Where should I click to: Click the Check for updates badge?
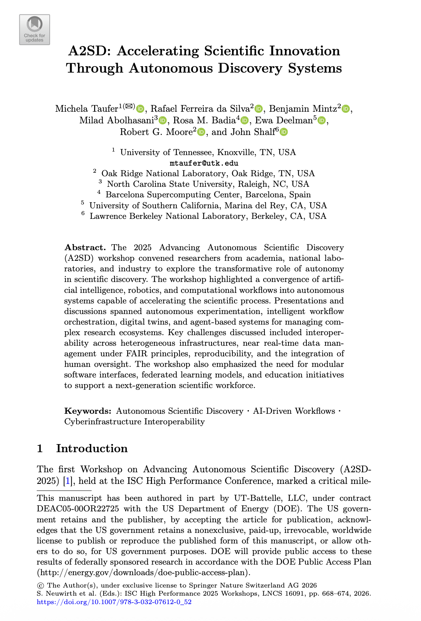click(x=35, y=30)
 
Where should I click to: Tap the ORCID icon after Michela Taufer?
click(x=140, y=109)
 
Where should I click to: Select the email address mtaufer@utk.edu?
click(x=204, y=163)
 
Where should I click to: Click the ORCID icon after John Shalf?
click(x=284, y=132)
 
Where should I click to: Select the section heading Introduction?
click(x=92, y=449)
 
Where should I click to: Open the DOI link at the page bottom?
click(x=114, y=602)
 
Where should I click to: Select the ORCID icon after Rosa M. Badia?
click(x=244, y=121)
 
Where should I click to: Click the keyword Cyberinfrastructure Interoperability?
click(x=134, y=422)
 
